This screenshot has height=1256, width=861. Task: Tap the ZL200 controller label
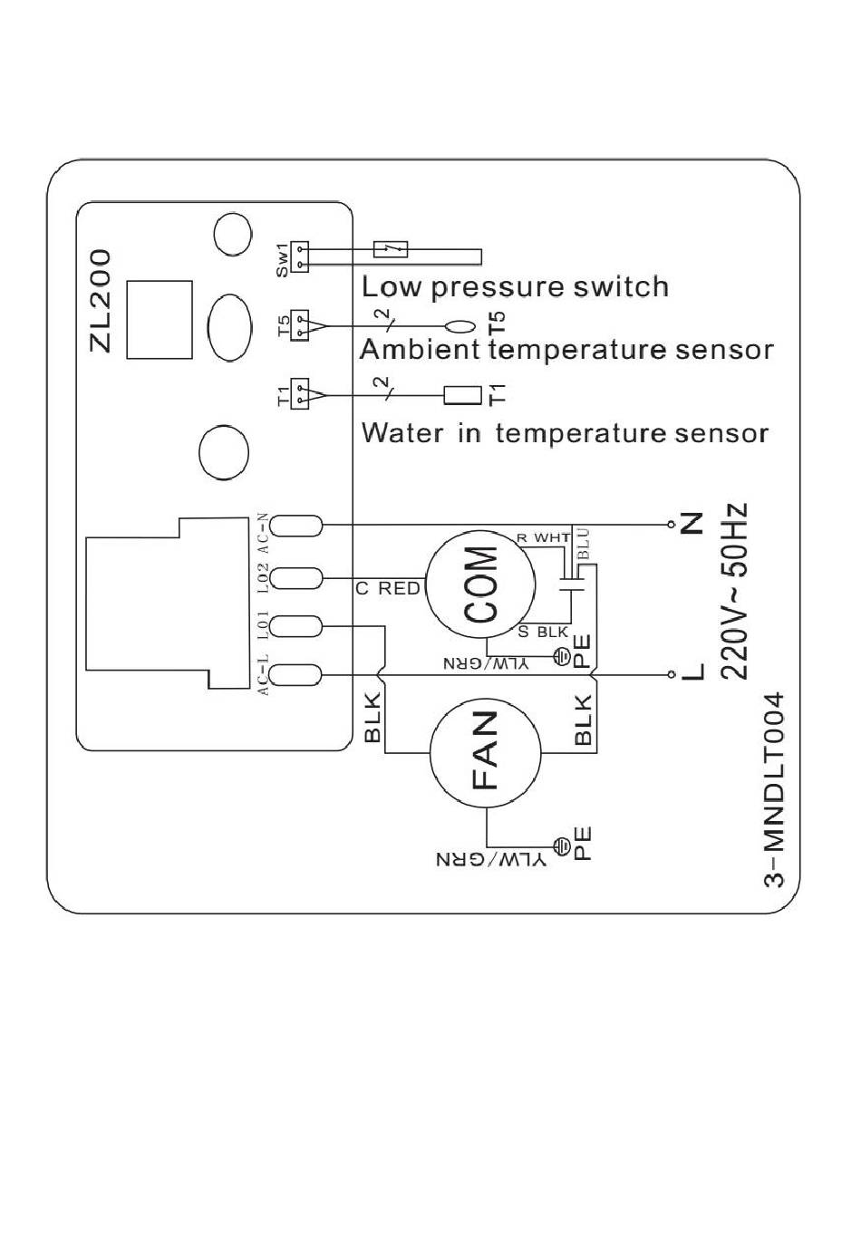[x=101, y=301]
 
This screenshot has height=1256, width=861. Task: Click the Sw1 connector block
[x=301, y=256]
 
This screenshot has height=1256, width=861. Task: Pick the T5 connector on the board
[x=301, y=325]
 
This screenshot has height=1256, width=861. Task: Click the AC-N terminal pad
[x=296, y=526]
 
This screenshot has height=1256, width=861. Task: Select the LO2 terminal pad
[x=296, y=577]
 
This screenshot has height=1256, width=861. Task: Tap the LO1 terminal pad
[x=296, y=626]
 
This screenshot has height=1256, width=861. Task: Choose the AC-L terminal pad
[x=296, y=675]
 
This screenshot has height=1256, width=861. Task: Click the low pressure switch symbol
[x=391, y=249]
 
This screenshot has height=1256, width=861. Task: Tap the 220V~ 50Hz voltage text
[x=734, y=591]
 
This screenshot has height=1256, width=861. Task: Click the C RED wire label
[x=388, y=588]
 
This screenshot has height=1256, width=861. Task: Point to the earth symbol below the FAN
[x=561, y=845]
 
